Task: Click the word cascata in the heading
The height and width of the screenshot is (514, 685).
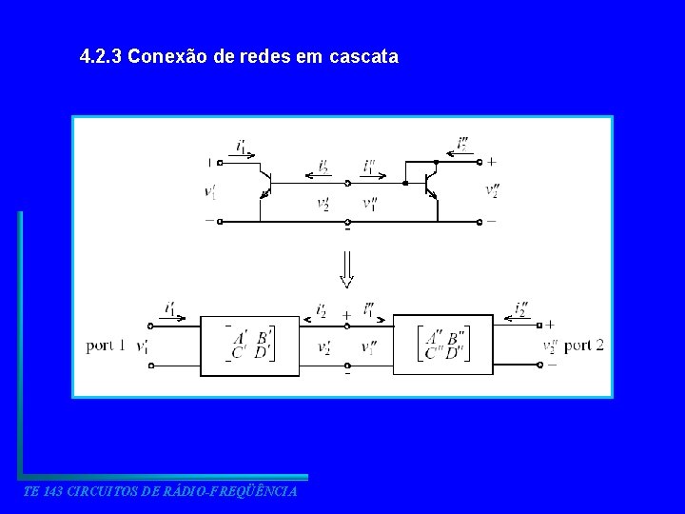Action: point(362,57)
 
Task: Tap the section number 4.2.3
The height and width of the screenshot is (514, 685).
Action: point(101,57)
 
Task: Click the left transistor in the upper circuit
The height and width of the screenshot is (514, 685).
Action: point(266,183)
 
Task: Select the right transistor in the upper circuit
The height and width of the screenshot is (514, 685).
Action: point(431,183)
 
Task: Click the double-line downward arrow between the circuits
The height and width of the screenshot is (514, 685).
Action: point(347,269)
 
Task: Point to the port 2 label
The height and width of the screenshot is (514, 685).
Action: point(583,346)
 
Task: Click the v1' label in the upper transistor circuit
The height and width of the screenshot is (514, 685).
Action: point(210,192)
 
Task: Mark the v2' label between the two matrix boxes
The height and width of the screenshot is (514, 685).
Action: point(324,347)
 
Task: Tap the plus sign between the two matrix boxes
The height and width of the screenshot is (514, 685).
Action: point(346,314)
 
